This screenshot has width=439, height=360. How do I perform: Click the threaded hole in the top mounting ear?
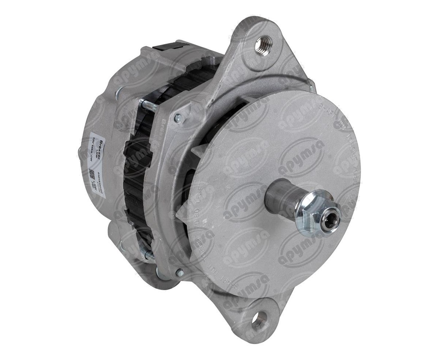click(x=263, y=44)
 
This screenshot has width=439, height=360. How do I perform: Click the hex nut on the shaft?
click(x=313, y=213)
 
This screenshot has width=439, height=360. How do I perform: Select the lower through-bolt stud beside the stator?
click(x=148, y=255)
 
